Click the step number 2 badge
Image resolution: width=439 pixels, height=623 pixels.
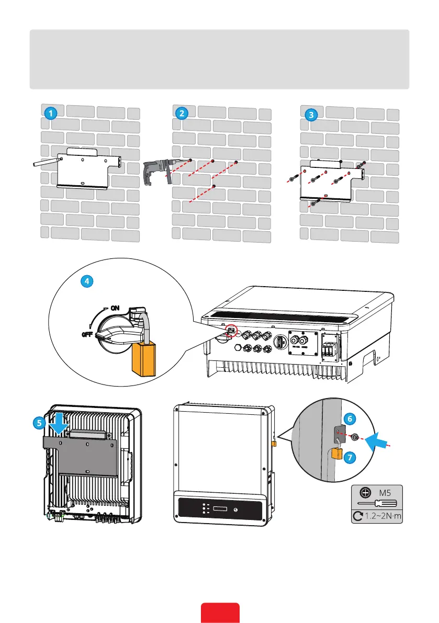[x=181, y=112]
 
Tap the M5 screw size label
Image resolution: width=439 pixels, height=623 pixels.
[x=385, y=492]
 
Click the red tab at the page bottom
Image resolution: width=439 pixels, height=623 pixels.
[x=220, y=613]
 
